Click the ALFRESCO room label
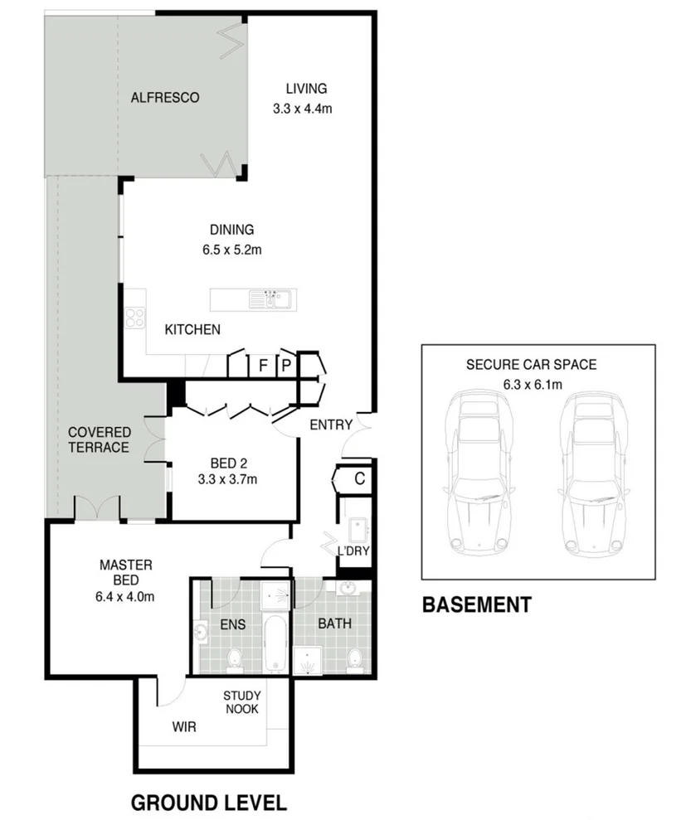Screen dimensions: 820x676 (x=165, y=98)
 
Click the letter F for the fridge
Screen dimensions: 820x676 (x=263, y=365)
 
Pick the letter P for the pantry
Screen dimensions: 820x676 (x=286, y=365)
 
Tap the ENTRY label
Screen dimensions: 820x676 (x=330, y=425)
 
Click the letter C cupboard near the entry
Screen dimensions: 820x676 (x=360, y=478)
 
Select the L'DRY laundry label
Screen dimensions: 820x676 (x=353, y=551)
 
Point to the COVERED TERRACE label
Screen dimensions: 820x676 (x=99, y=440)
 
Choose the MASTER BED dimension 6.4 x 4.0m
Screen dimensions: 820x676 (x=125, y=595)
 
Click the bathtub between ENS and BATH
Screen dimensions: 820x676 (x=275, y=644)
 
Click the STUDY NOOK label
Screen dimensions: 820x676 (x=242, y=702)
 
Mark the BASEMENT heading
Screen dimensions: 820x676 (x=476, y=605)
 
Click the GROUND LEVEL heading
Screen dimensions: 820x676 (x=209, y=803)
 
